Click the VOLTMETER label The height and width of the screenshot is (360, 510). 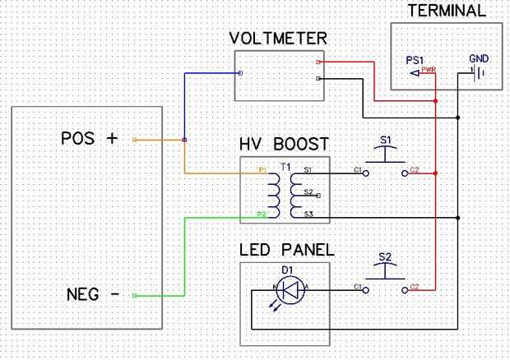coord(279,39)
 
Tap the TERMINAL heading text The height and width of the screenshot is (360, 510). coord(447,11)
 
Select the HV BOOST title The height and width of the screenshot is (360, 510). coord(284,145)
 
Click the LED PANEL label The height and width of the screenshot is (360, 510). coord(286,250)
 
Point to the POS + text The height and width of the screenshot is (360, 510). coord(89,138)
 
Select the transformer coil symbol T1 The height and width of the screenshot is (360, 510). coord(285,193)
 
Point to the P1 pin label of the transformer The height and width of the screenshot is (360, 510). coord(262,171)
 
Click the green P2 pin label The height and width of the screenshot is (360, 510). coord(261,215)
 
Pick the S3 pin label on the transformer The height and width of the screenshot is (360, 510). coord(308,215)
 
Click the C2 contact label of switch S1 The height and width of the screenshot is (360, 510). coord(415,170)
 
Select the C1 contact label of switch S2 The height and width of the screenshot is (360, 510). coord(358,287)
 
